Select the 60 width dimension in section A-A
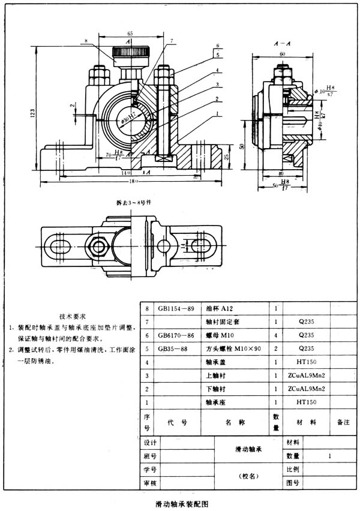pos(281,54)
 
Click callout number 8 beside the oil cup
pos(87,41)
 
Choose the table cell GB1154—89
pos(175,309)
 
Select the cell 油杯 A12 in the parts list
pos(223,309)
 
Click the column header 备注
pos(343,422)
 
